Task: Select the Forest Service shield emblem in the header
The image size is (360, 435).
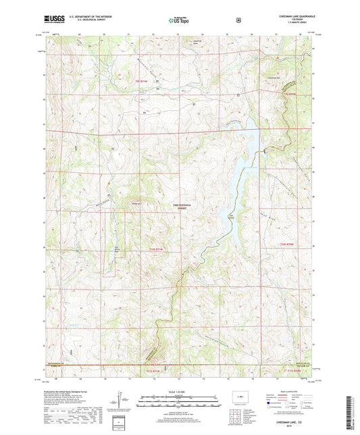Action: pos(238,20)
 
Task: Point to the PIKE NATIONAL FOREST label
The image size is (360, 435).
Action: pos(179,207)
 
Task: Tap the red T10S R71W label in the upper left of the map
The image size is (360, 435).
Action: pos(140,80)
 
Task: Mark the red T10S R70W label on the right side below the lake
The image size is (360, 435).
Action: pos(288,244)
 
